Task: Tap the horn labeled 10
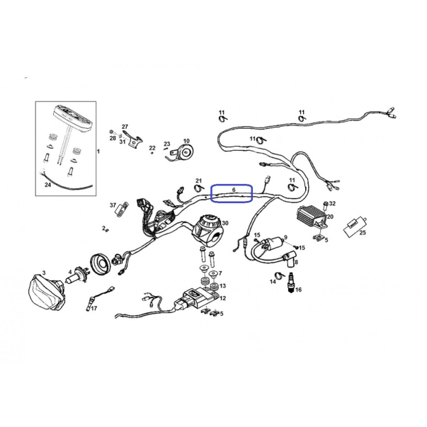pos(183,152)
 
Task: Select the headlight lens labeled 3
pos(46,292)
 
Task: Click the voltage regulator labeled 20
pos(312,217)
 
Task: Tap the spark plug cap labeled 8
pos(289,259)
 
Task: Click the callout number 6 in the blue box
pos(234,190)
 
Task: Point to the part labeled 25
pos(355,226)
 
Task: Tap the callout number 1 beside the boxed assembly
pos(98,151)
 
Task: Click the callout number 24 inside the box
pos(47,185)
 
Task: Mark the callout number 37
pos(113,205)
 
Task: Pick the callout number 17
pos(94,309)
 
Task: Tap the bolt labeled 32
pos(326,206)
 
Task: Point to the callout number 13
pos(223,286)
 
